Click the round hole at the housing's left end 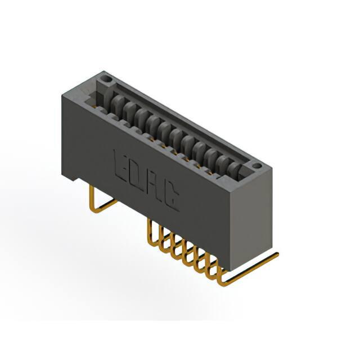[107, 80]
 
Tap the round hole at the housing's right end [256, 165]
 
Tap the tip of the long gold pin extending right [277, 254]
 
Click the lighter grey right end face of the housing [251, 220]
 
